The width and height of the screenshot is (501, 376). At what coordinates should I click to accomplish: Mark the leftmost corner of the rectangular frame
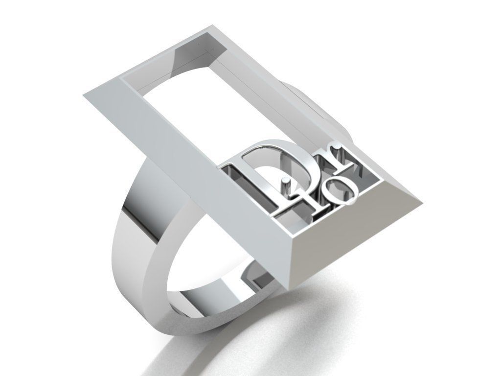[x=84, y=95]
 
